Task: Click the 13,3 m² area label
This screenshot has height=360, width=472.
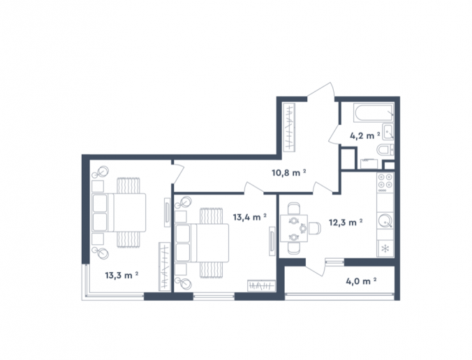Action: [121, 275]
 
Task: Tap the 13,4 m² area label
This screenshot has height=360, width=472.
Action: [250, 217]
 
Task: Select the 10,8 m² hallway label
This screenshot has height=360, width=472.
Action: [288, 173]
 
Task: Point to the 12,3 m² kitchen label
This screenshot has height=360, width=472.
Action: [346, 223]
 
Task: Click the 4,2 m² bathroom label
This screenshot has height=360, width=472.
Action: [365, 136]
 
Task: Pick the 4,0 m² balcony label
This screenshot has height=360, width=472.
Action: [361, 281]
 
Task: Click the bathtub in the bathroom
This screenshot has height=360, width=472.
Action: [374, 113]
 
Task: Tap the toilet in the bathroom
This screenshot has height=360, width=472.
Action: [385, 150]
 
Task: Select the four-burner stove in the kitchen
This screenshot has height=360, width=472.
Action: [385, 183]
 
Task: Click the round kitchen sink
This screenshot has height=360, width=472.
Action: [385, 220]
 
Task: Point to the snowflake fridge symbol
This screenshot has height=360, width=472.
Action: [385, 249]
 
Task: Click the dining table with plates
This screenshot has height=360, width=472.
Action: [294, 228]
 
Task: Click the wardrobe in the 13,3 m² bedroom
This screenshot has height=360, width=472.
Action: [165, 267]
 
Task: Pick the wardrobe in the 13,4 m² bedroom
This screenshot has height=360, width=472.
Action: [262, 286]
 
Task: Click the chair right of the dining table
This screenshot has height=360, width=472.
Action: [315, 228]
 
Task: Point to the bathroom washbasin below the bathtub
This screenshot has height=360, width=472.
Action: [388, 132]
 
